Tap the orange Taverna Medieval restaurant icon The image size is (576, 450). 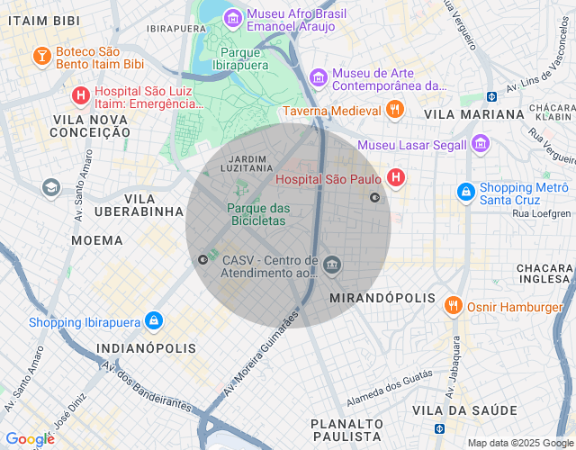tap(393, 111)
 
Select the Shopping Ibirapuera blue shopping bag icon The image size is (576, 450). tap(154, 321)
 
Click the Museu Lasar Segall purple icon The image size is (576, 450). tap(480, 144)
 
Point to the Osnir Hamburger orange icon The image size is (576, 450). tap(453, 307)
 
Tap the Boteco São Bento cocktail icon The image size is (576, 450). tap(41, 57)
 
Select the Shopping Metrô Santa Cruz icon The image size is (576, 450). tap(465, 193)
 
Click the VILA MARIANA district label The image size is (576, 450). tap(473, 114)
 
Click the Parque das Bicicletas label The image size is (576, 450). tap(258, 214)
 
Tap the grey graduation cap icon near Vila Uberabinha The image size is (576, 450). tap(50, 187)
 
